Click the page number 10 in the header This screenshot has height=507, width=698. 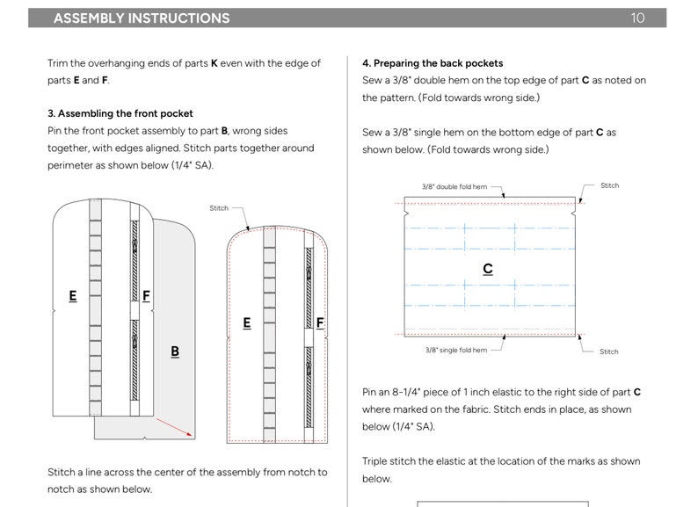[x=637, y=18]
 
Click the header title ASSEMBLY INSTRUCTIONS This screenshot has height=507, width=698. [x=142, y=18]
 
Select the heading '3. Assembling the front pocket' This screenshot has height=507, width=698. [x=120, y=113]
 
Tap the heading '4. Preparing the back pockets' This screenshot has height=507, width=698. [x=433, y=63]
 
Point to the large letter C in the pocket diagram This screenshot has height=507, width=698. [x=488, y=268]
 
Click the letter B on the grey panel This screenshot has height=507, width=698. [x=175, y=351]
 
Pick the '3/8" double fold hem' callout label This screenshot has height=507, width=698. [x=454, y=186]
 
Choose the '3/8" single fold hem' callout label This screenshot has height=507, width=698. [x=456, y=350]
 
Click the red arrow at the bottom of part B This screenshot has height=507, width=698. [x=173, y=427]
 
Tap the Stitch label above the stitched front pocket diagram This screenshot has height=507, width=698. [x=219, y=208]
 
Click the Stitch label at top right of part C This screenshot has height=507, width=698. [x=609, y=185]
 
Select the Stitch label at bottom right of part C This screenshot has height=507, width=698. [x=608, y=351]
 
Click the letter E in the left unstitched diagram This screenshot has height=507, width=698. [x=73, y=296]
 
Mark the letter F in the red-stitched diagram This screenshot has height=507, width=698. [x=320, y=322]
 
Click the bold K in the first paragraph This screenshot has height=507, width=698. [x=214, y=63]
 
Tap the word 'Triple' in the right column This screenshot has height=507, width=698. [x=374, y=461]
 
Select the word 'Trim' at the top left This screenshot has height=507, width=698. [x=57, y=63]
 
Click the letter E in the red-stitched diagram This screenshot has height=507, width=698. [x=247, y=322]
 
